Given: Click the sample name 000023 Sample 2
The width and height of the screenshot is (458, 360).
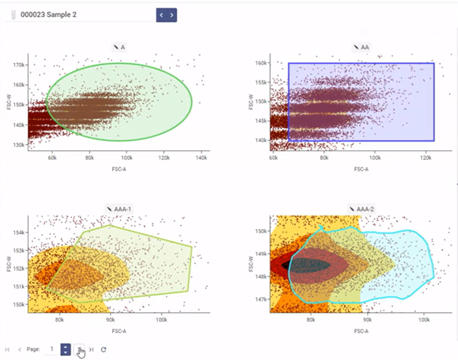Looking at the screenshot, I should [48, 14].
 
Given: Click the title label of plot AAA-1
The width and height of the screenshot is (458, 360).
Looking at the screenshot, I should [121, 209].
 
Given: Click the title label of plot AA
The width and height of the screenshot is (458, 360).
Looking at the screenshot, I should [362, 47].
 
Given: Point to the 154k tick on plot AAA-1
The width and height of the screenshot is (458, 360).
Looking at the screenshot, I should [18, 232].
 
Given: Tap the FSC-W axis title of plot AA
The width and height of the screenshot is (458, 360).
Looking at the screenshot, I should [250, 101].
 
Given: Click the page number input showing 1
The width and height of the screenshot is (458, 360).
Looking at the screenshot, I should [50, 350].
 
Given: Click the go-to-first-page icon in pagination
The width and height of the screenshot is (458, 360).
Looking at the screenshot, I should [8, 350].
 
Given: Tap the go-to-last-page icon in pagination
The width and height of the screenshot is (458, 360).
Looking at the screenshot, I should [92, 350].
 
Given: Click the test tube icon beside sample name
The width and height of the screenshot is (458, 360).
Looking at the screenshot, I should [13, 14].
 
